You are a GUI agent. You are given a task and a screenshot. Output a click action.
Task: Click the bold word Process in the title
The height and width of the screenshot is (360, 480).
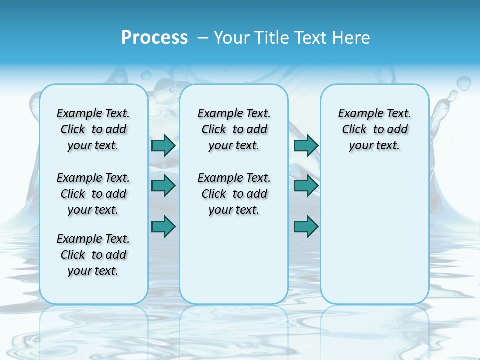coord(154,37)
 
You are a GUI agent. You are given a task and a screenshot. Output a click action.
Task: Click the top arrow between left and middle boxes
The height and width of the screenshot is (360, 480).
coord(163,145)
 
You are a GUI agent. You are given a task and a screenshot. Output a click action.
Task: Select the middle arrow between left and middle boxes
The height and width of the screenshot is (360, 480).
coord(163,186)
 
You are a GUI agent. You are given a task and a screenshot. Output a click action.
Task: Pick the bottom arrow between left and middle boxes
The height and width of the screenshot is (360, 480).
coord(163,227)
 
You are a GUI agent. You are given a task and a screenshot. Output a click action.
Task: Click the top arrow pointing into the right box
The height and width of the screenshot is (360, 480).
coord(306,145)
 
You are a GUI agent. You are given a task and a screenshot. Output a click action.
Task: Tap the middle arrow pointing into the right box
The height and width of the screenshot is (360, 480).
coord(306,186)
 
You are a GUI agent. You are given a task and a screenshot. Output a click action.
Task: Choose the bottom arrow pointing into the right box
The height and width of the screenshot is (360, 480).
coord(306,227)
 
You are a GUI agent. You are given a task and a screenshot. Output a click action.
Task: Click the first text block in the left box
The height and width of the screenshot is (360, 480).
coord(93,129)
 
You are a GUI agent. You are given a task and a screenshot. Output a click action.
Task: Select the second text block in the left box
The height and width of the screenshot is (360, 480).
coord(93,194)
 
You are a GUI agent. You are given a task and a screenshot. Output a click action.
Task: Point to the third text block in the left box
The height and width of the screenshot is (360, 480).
coord(93,255)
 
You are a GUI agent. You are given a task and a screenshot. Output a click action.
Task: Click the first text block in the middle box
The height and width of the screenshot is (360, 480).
coord(234,129)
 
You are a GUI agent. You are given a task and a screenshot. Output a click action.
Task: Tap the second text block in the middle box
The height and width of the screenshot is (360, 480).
coord(234,194)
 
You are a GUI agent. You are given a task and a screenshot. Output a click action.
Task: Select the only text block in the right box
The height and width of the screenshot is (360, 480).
coord(374,129)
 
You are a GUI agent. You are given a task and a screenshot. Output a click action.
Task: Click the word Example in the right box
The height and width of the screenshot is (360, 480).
coord(357,114)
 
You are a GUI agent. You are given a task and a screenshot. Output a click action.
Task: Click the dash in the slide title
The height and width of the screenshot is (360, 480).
coord(203,37)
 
